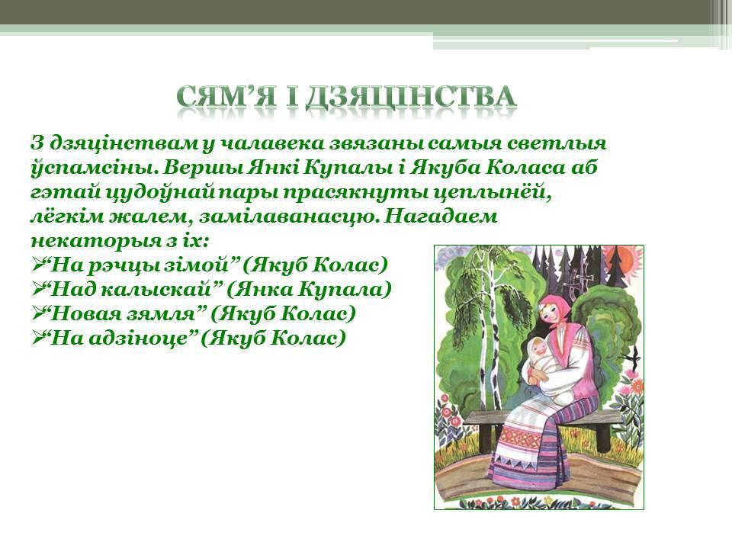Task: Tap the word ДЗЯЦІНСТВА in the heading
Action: click(x=411, y=97)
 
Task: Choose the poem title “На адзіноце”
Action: click(x=121, y=338)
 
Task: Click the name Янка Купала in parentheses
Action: click(x=309, y=290)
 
